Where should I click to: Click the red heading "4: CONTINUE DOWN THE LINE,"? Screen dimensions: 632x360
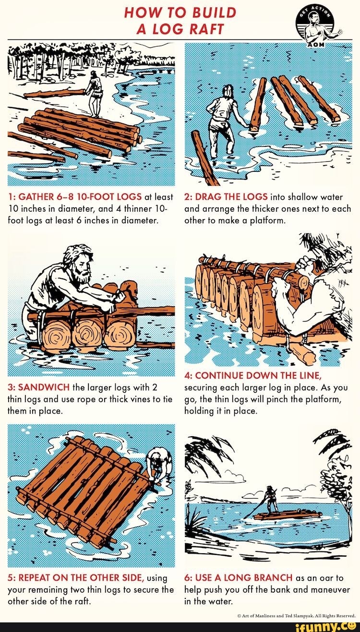tap(252, 375)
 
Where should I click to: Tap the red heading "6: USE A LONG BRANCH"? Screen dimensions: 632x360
tap(239, 577)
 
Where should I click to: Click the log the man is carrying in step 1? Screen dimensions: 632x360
tap(53, 93)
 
